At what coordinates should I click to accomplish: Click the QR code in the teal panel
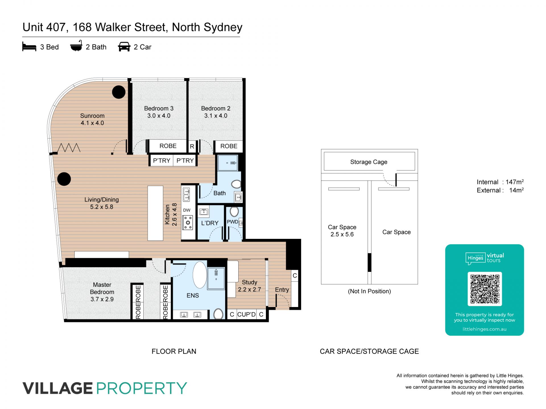(485, 289)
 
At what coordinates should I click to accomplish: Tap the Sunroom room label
(92, 116)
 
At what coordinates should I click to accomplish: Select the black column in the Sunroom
(119, 92)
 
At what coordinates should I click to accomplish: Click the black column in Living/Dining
(64, 179)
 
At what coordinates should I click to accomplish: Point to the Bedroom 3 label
(159, 108)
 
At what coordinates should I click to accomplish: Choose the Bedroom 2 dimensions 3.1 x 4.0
(216, 116)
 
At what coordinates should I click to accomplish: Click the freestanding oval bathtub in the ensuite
(200, 275)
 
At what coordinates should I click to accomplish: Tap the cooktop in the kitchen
(188, 222)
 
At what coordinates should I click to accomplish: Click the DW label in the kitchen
(187, 210)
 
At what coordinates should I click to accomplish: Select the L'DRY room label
(210, 223)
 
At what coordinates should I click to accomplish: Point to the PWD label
(232, 222)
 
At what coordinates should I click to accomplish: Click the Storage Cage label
(369, 162)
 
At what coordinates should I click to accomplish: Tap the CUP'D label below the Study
(247, 314)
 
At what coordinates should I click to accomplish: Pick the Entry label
(282, 290)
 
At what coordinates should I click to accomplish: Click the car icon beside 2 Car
(124, 47)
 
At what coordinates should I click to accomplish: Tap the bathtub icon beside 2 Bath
(76, 46)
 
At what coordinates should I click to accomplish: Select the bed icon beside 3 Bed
(29, 47)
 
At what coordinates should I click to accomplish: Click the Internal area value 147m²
(515, 182)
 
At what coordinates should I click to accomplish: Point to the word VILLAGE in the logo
(58, 388)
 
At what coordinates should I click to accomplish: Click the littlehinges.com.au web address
(485, 329)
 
